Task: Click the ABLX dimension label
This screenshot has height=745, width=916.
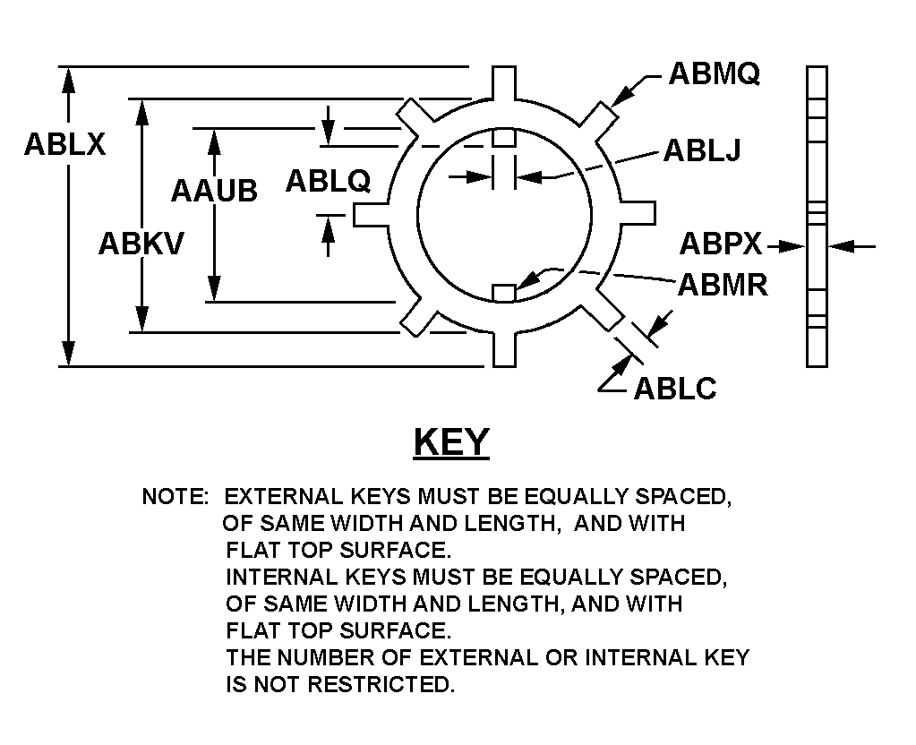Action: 64,144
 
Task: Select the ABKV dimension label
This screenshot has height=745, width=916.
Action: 141,244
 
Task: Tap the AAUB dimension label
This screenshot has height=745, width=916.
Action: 214,191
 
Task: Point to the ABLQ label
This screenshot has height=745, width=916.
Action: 328,181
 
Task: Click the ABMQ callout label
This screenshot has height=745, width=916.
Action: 715,73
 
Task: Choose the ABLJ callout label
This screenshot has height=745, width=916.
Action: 702,150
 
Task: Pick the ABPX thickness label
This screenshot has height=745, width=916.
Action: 721,244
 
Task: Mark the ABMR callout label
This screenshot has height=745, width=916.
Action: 723,285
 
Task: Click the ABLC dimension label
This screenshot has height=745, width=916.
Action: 675,389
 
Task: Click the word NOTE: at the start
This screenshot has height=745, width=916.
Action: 175,497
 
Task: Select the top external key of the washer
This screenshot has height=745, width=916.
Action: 504,82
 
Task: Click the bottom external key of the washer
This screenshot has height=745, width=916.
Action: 504,349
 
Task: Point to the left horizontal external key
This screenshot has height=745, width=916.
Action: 371,214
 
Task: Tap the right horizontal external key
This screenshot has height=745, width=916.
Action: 638,213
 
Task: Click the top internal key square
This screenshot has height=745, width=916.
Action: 504,138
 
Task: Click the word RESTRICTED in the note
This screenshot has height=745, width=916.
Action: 381,684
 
